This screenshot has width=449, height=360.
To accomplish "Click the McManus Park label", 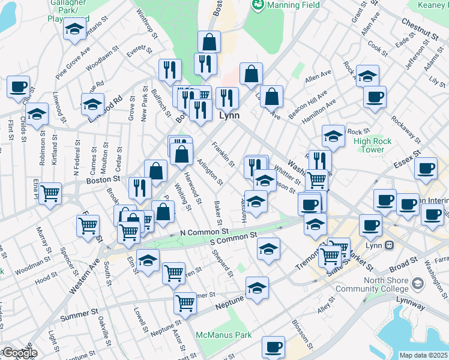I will tap(223, 335).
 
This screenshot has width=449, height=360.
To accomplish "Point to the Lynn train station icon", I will tap(390, 245).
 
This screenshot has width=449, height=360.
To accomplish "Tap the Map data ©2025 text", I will tap(424, 355).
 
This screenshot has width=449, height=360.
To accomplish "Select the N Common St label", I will tap(204, 232).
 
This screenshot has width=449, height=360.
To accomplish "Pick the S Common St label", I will tap(233, 239).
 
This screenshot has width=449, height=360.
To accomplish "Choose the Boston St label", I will tap(99, 179).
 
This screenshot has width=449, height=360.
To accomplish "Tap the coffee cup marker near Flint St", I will tap(19, 86).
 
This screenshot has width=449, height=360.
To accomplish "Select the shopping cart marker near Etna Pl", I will tap(50, 193).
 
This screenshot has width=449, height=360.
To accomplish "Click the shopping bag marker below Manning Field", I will tap(209, 42).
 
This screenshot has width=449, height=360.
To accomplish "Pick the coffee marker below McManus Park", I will tap(273, 346).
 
